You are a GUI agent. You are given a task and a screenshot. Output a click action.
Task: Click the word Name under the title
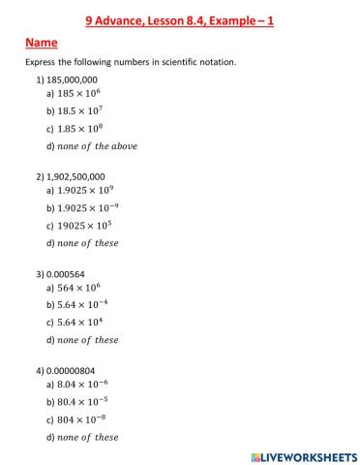coord(42,43)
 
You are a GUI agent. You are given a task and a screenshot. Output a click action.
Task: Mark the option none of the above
coord(98,145)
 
